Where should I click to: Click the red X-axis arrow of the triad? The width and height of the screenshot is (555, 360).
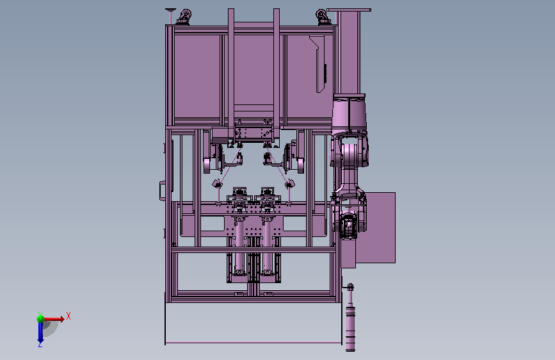53,319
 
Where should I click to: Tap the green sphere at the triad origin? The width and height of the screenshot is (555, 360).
41,319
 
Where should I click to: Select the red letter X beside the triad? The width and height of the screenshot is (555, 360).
68,316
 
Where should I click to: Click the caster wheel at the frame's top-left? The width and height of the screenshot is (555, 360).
184,17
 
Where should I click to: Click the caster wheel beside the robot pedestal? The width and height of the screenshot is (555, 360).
323,17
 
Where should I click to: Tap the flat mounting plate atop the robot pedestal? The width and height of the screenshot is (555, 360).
349,10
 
